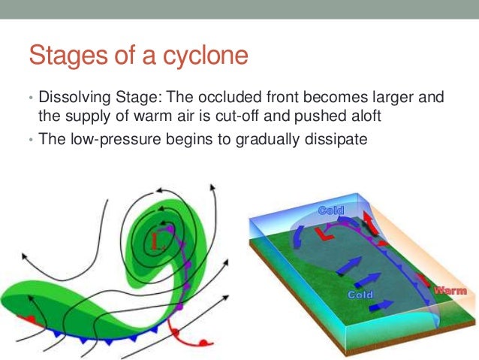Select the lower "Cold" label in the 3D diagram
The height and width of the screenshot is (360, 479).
[x=360, y=295]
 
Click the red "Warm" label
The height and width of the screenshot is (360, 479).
[x=450, y=290]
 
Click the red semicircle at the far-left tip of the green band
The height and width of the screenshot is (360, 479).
[x=29, y=318]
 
